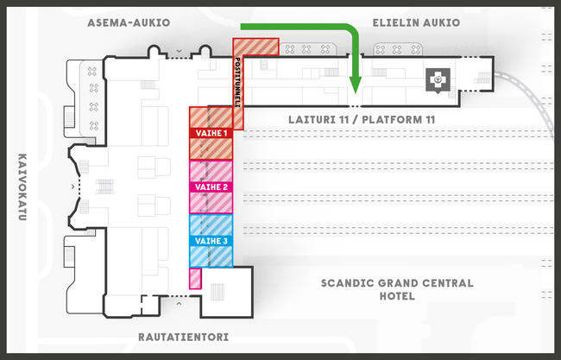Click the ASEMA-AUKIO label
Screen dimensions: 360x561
pyautogui.click(x=129, y=22)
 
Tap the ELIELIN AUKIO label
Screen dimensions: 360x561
pyautogui.click(x=415, y=22)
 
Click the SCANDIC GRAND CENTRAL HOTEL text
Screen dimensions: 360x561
pyautogui.click(x=396, y=289)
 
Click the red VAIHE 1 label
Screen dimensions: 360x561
pyautogui.click(x=211, y=134)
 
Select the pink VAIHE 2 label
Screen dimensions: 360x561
pyautogui.click(x=211, y=186)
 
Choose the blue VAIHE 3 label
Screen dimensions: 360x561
pyautogui.click(x=211, y=241)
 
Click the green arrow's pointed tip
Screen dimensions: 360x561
pyautogui.click(x=354, y=88)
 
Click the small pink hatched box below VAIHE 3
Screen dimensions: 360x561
pyautogui.click(x=195, y=278)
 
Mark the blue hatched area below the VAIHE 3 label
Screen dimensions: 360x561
pyautogui.click(x=211, y=256)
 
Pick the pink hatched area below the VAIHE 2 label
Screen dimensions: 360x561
pyautogui.click(x=211, y=202)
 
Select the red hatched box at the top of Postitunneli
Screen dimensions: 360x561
pyautogui.click(x=256, y=47)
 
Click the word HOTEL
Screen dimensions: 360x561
pyautogui.click(x=396, y=296)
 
